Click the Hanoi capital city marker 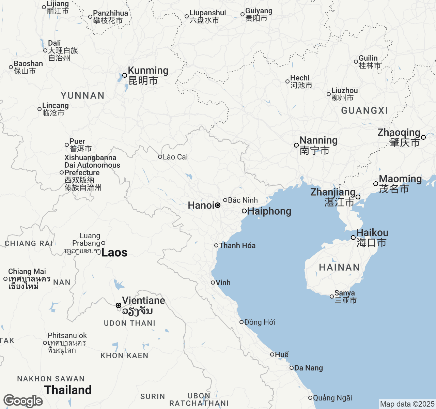(218, 205)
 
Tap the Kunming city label (148, 71)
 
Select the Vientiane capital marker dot (119, 305)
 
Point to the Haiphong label (269, 211)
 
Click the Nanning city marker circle (296, 145)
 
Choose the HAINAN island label (339, 268)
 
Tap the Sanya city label (344, 293)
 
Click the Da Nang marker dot (292, 368)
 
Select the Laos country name (114, 253)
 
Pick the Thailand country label (68, 390)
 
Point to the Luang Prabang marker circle (103, 243)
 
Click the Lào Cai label (175, 157)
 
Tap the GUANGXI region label (364, 111)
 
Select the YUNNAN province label (82, 95)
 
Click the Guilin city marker (356, 62)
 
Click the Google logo (23, 401)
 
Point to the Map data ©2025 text (407, 404)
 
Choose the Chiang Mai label (27, 272)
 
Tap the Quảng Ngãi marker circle (310, 398)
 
